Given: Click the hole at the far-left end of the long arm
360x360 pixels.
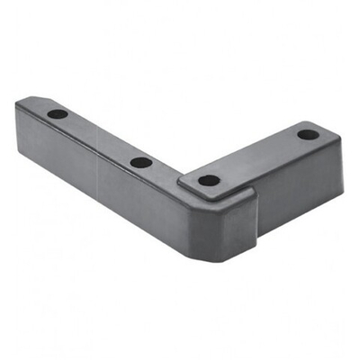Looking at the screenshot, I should (58, 115).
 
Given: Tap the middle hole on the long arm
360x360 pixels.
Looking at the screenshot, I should (141, 163).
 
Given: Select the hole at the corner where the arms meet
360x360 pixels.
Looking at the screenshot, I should (209, 180).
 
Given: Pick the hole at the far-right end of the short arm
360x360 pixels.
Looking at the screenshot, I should (308, 135).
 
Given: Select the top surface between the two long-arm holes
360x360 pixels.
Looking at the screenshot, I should (99, 139).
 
